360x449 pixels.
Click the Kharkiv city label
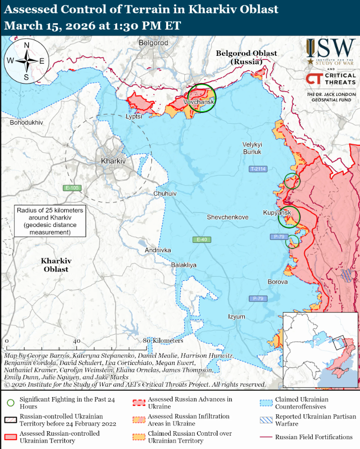point(113,161)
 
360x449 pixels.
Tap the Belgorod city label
point(154,43)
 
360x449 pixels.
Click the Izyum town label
point(236,316)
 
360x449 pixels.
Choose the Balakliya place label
point(183,265)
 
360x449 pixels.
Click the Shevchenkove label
point(227,217)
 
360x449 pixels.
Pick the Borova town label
point(277,282)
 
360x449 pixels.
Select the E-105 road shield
point(72,188)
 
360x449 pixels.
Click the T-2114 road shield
point(258,169)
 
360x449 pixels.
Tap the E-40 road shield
point(201,240)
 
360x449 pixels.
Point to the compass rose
point(26,61)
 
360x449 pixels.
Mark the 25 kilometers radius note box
point(49,221)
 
